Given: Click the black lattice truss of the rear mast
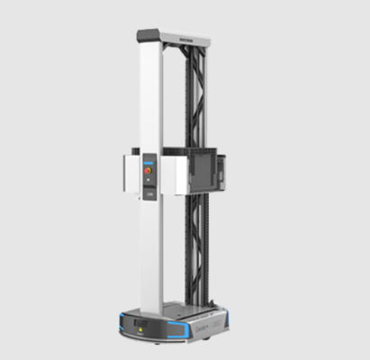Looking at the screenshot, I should click(x=192, y=99).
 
